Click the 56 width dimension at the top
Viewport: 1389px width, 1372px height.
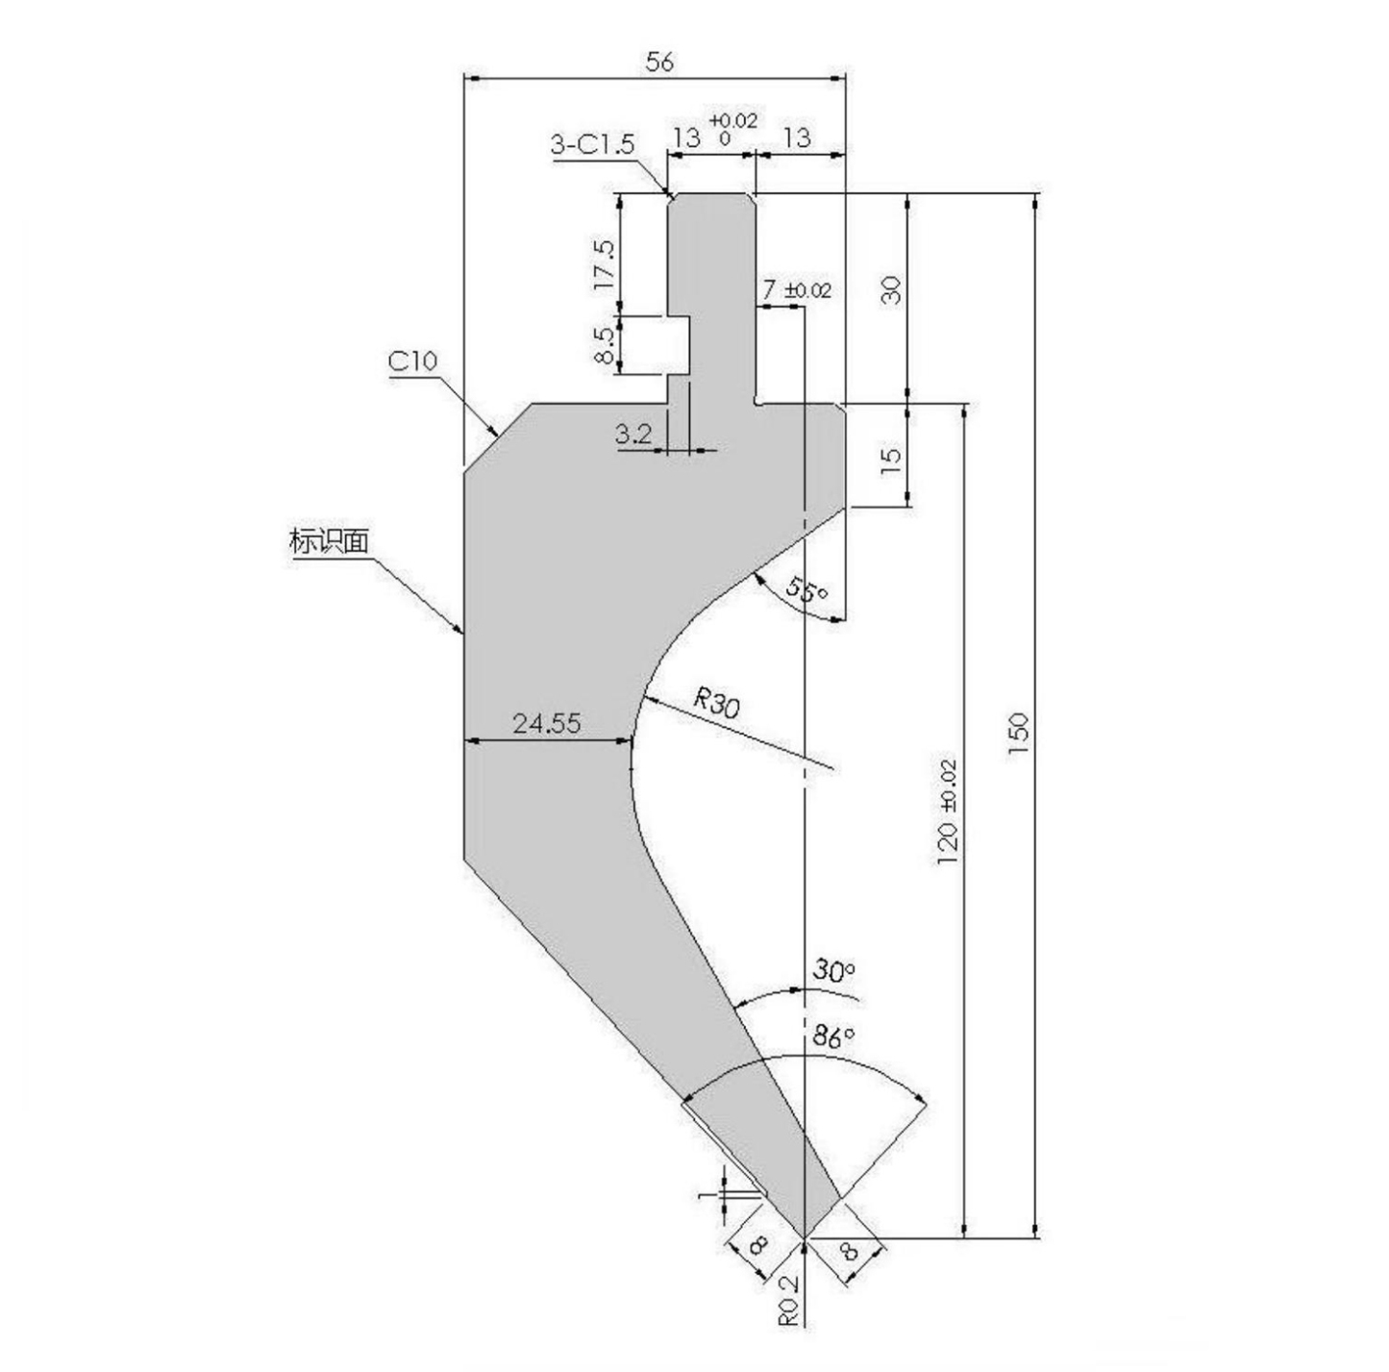659,62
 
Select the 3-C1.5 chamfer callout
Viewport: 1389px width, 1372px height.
592,144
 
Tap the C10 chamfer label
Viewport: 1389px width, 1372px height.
412,362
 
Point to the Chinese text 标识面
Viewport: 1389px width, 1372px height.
329,541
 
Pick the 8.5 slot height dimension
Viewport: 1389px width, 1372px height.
605,344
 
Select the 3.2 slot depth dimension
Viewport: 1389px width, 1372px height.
633,434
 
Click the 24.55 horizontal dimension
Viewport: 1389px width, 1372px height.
546,723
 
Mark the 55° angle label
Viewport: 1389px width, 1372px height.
806,588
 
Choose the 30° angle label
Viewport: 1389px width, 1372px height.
832,970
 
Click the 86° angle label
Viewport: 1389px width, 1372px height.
832,1036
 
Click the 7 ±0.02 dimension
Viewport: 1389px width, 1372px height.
796,289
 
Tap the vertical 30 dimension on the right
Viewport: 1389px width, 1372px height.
892,289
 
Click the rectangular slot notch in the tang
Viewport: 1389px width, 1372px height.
680,344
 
